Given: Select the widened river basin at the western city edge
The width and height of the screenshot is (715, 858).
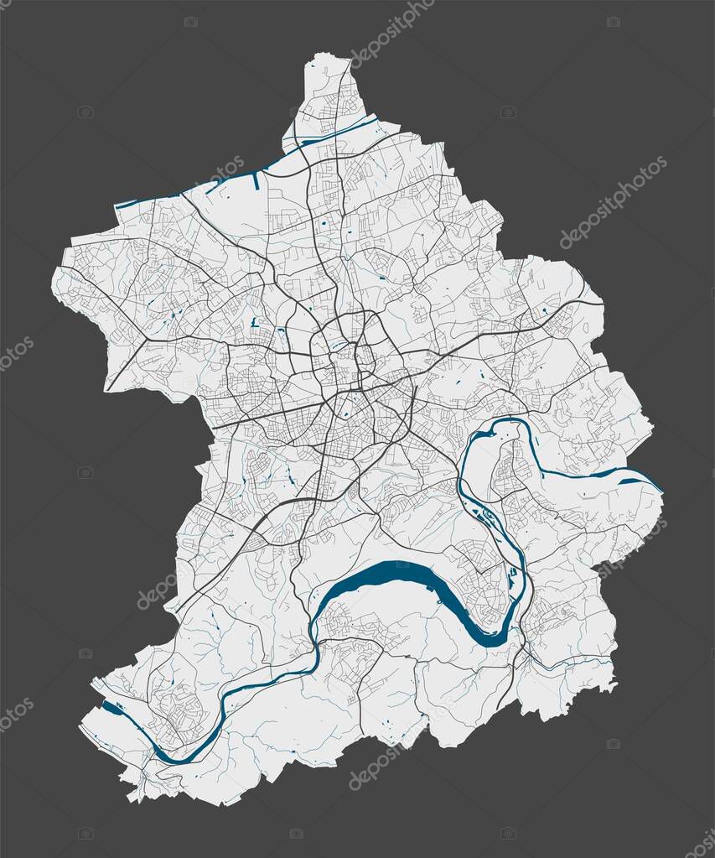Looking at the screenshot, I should tap(112, 710).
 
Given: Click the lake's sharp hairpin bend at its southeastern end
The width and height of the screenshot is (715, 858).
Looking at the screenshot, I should tap(498, 639).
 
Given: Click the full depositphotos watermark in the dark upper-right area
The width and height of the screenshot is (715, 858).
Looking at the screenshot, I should tap(614, 202).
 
